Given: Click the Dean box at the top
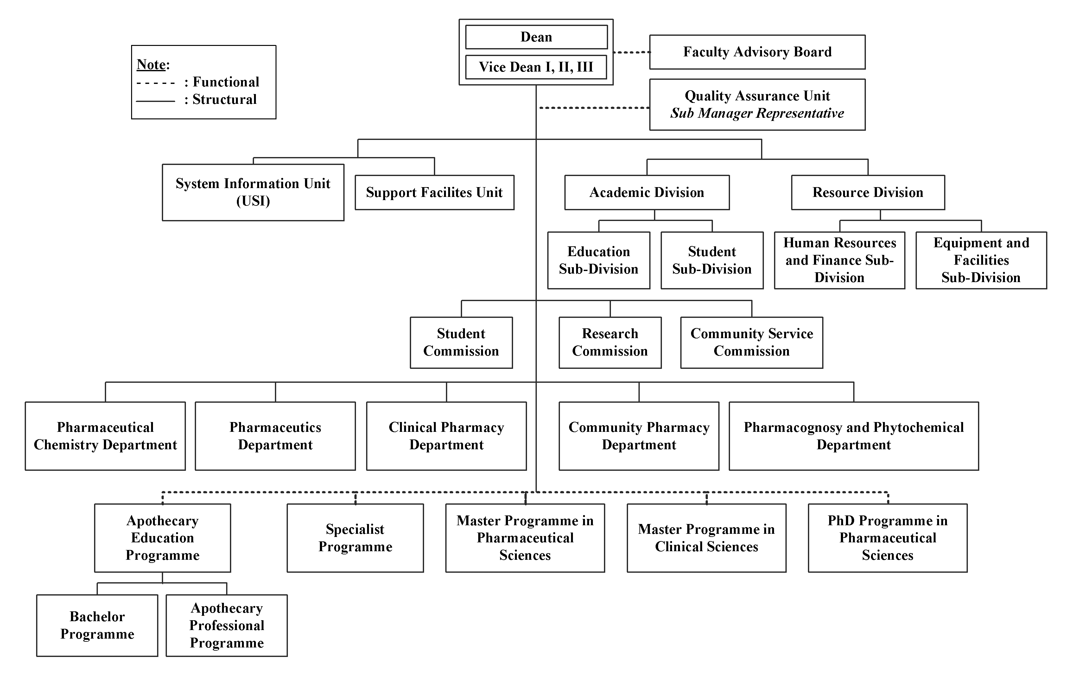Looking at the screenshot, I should coord(536,37).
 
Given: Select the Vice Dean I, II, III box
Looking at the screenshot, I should coord(536,67).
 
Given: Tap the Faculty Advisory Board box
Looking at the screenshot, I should coord(757,52).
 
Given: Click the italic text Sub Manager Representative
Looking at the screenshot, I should coord(757,113).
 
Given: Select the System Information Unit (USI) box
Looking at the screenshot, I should coord(253,192).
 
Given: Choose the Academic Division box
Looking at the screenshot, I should coord(647,192).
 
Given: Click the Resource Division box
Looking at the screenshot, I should coord(867,192).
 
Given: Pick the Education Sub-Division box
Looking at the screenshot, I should coord(599,260).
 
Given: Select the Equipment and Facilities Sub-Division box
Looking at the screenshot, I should coord(981,260).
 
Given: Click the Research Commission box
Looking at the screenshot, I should coord(610,342).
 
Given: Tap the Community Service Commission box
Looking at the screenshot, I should coord(751,342).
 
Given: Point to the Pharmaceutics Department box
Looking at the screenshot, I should coord(275,436).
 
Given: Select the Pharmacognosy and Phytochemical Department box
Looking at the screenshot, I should coord(853,436).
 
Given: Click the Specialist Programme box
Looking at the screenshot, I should coord(355,538).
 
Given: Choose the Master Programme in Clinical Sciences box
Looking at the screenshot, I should coord(706,538).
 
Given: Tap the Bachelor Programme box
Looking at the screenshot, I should coord(97,625).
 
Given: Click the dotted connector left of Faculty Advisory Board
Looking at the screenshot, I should coord(631,53).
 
